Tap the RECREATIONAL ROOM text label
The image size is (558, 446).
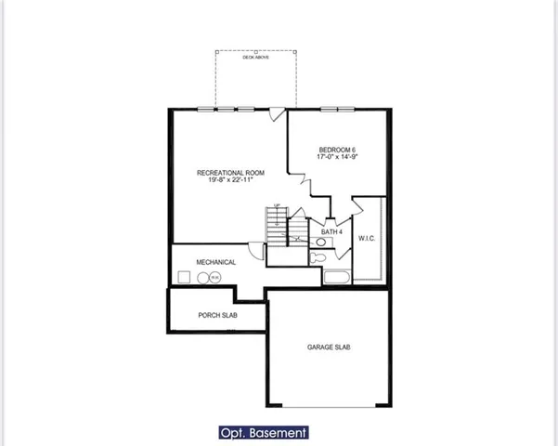click(x=224, y=173)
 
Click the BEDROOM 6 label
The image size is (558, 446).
click(x=336, y=150)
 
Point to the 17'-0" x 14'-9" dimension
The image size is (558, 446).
click(x=336, y=159)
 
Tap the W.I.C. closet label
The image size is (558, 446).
click(x=368, y=239)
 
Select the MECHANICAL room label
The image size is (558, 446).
click(x=216, y=262)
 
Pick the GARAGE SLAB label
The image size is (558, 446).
click(x=329, y=347)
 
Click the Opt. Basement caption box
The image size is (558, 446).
click(x=262, y=432)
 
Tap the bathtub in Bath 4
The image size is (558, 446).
click(x=337, y=278)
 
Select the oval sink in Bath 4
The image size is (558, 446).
click(x=320, y=243)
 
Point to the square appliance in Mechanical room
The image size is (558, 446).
click(x=185, y=277)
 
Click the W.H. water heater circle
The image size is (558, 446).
click(x=214, y=277)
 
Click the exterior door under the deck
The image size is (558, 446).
click(x=275, y=115)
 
